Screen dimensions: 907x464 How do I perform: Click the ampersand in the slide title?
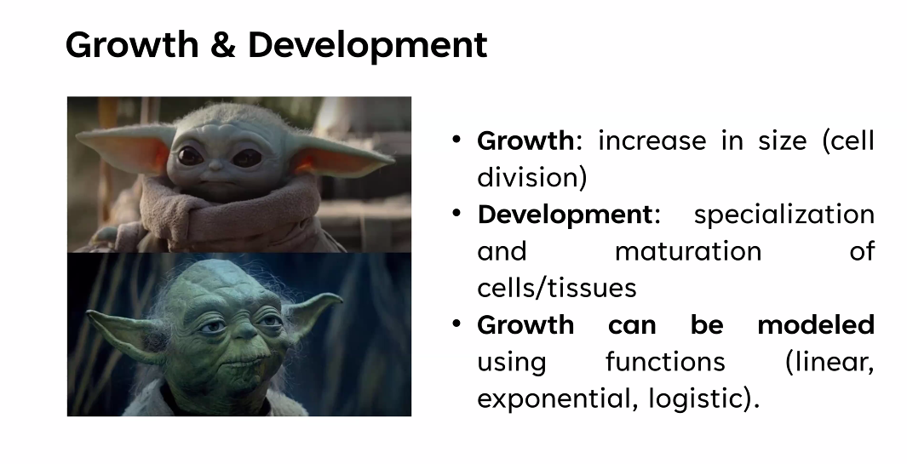222,44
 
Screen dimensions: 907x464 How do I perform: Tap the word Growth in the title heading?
132,44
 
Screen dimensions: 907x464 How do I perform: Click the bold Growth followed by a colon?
525,140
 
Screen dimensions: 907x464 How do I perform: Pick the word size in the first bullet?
782,140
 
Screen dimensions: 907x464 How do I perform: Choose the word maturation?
688,252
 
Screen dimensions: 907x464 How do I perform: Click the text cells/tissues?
556,288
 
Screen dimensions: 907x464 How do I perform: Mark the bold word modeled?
816,324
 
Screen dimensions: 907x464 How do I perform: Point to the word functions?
665,362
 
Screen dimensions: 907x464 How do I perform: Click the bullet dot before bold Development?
456,213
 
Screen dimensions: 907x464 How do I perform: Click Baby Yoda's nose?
215,166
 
